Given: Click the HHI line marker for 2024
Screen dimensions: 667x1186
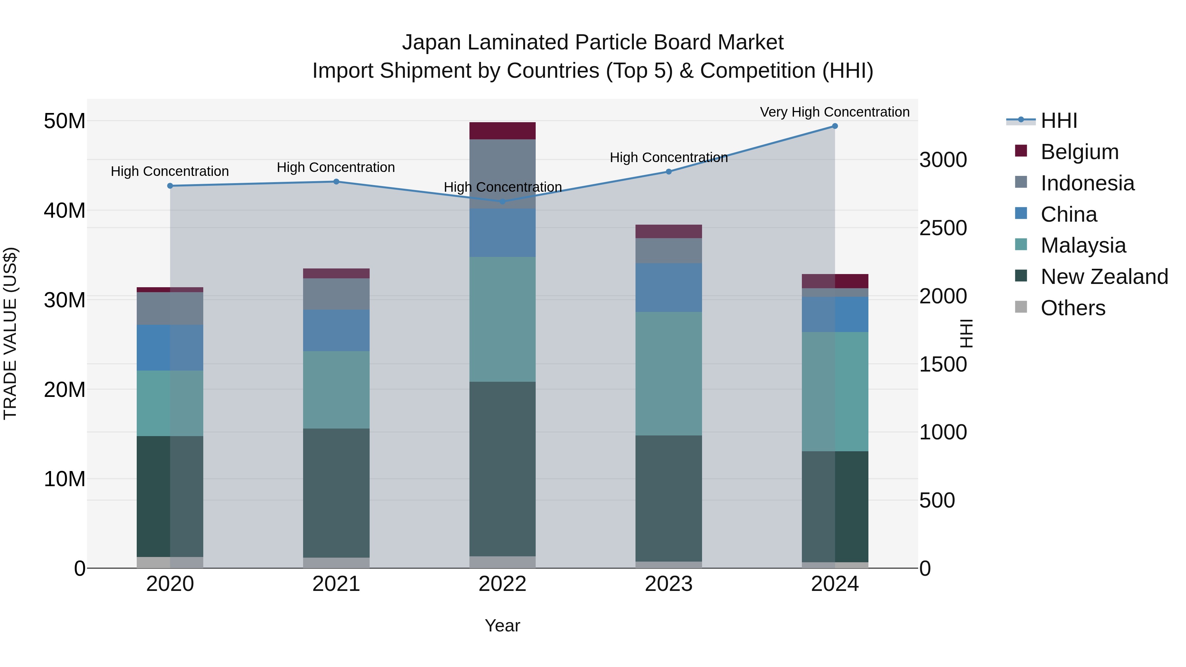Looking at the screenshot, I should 835,126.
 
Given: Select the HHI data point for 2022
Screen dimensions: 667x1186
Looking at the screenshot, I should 502,202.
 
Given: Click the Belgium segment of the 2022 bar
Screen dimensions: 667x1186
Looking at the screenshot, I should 502,131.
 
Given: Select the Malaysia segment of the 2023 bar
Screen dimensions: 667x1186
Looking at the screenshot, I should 668,374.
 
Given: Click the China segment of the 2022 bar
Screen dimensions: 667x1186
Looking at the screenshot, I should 502,233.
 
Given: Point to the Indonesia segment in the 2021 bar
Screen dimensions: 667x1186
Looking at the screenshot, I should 336,294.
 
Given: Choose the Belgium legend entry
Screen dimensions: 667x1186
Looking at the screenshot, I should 1079,152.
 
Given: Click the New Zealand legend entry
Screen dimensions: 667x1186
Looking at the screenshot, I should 1104,277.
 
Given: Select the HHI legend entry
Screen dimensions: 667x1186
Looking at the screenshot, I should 1059,121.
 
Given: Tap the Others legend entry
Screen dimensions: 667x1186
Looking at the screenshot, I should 1073,308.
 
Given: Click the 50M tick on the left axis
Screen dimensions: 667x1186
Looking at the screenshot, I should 65,121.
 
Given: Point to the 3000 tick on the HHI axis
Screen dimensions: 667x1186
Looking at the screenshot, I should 943,160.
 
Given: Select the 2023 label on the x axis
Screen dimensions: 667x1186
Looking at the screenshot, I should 668,584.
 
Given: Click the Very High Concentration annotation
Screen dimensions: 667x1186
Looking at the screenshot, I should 835,112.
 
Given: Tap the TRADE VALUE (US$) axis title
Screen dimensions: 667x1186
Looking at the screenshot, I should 10,333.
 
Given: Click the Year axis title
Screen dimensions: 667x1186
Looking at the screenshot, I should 502,625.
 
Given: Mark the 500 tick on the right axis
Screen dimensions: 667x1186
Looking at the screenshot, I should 937,500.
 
